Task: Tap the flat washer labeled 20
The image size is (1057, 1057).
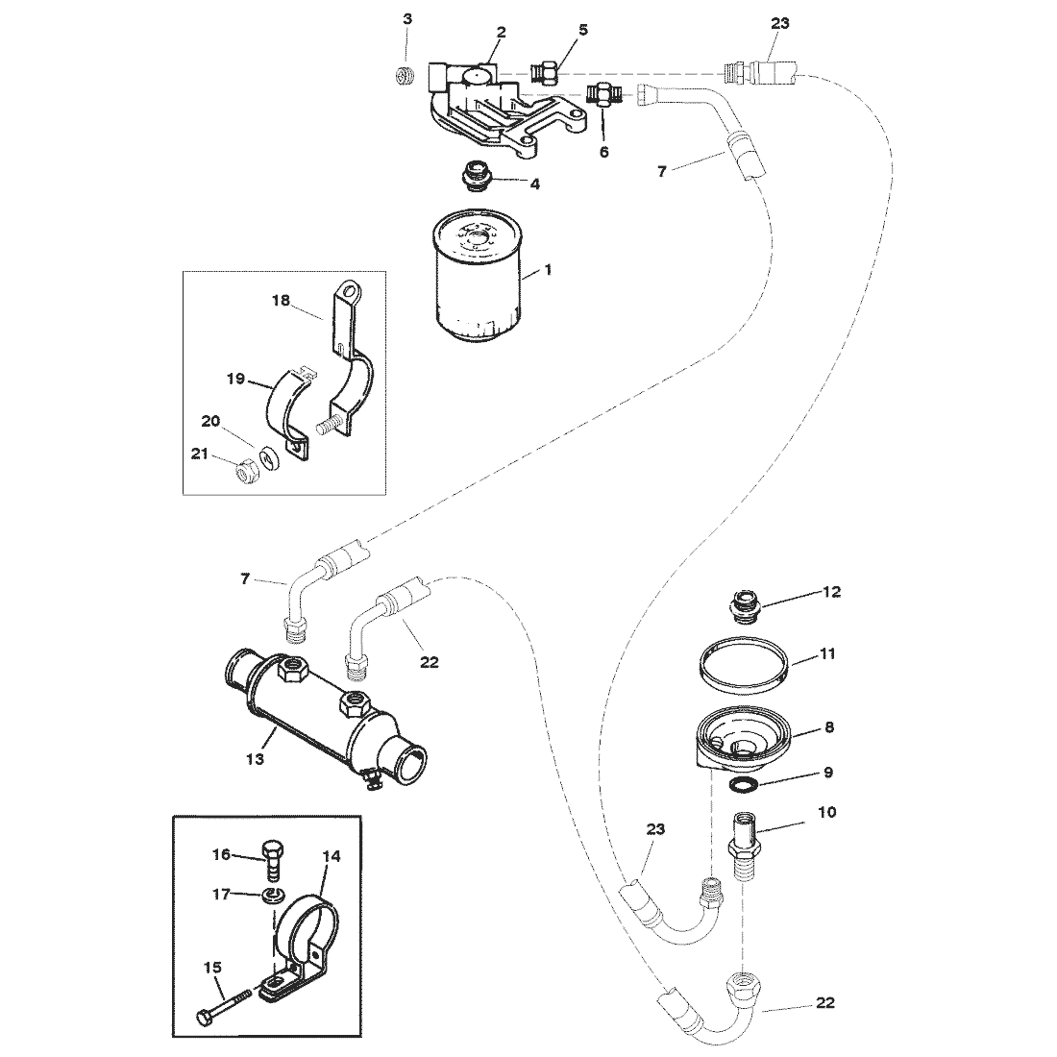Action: tap(270, 457)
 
